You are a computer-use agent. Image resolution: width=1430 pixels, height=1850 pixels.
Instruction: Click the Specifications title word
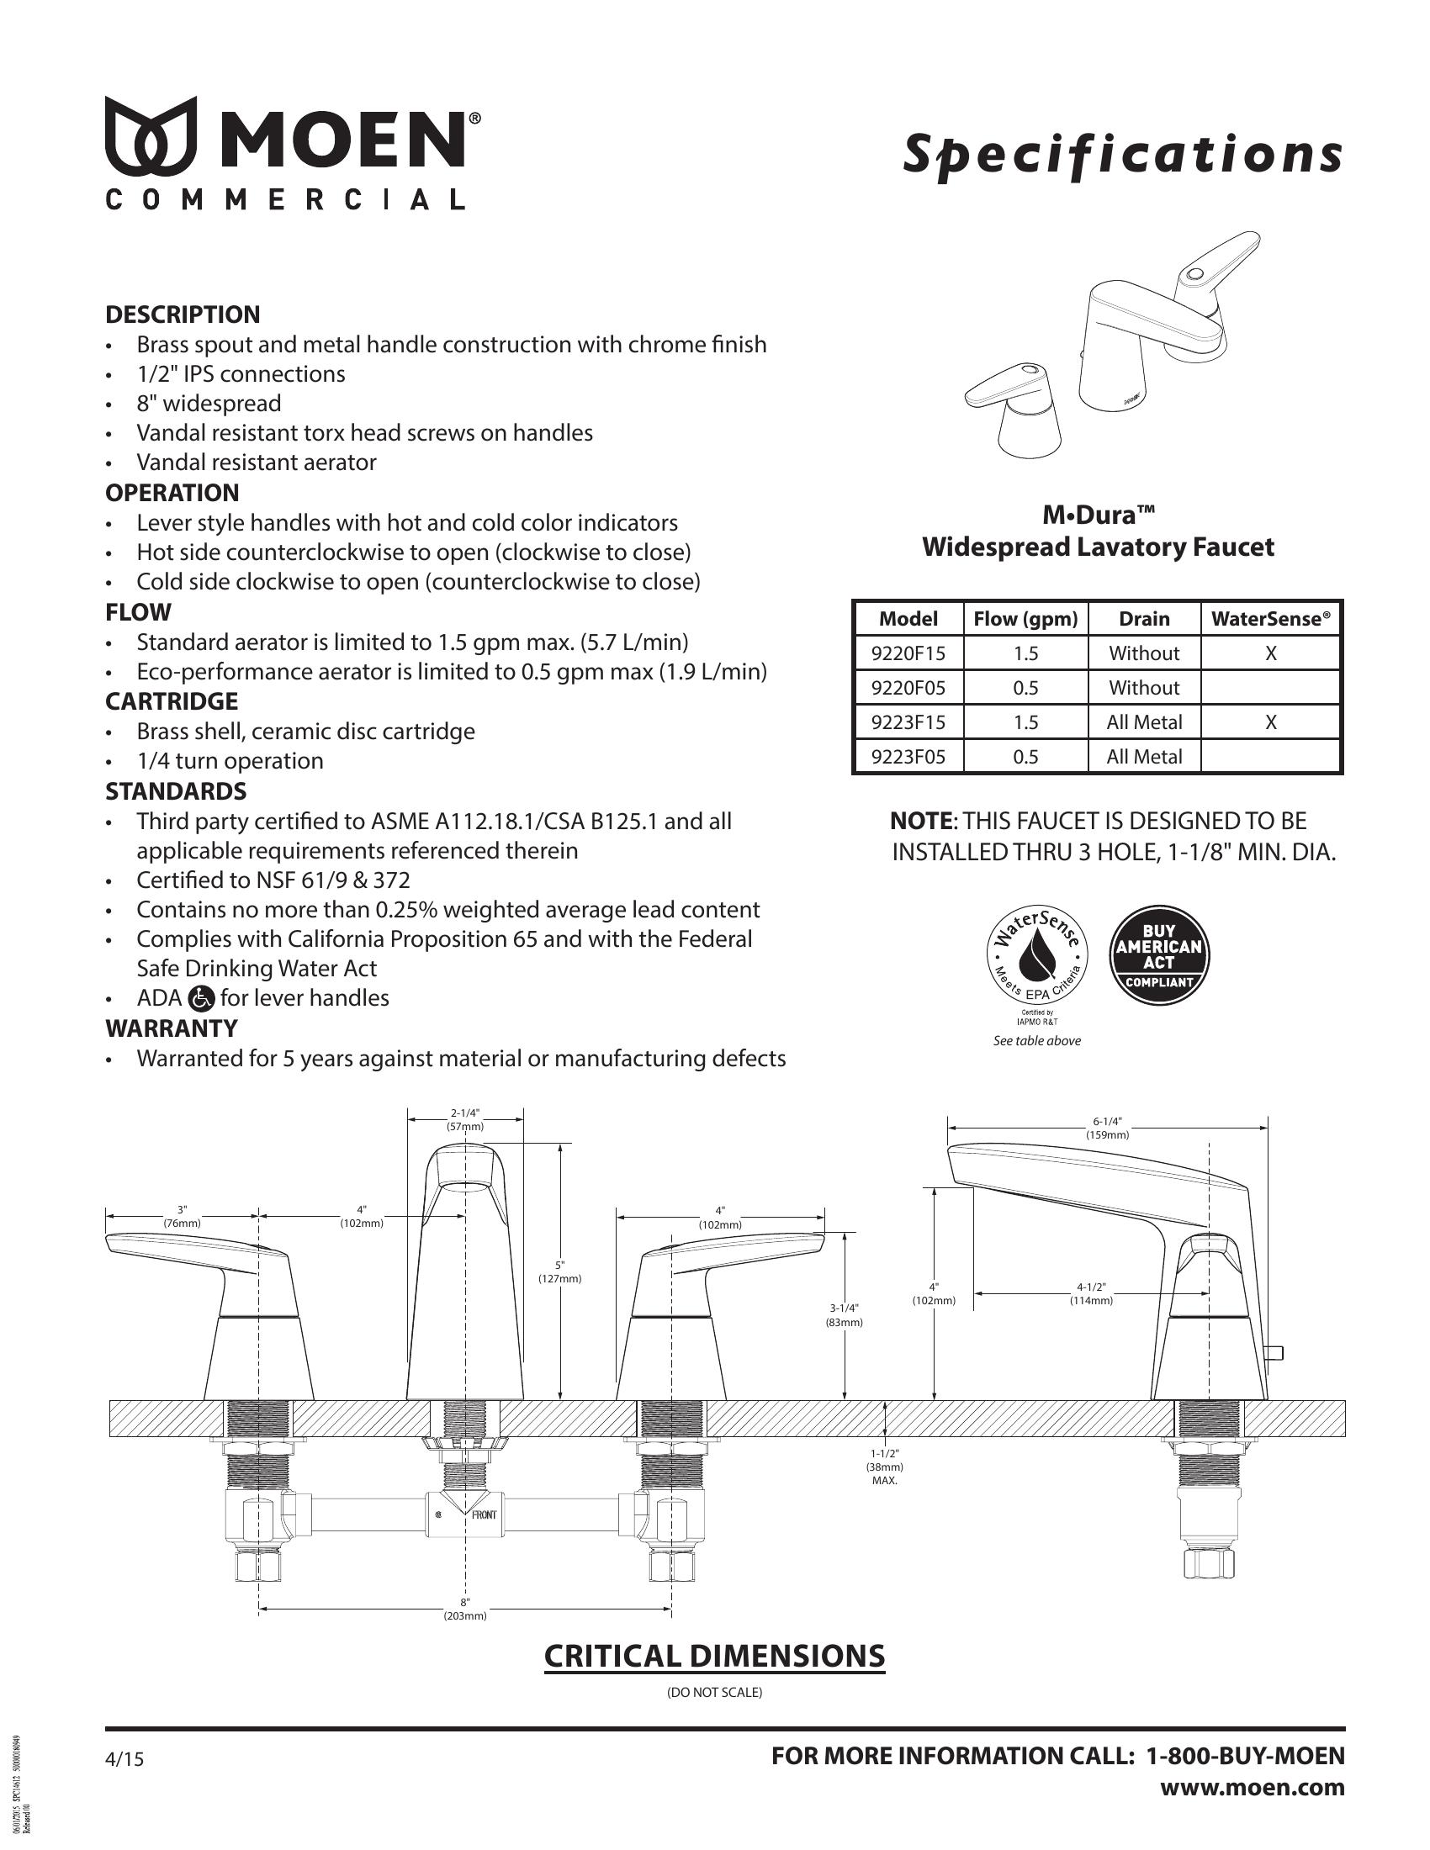coord(1122,153)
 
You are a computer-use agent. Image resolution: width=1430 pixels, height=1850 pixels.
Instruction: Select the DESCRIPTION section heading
coord(183,314)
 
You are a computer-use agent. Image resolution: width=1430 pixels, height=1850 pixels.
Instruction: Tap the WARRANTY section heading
coord(171,1028)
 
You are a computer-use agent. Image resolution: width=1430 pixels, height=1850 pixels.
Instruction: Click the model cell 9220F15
coord(908,653)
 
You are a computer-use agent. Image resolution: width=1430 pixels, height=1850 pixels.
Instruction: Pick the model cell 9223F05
coord(908,757)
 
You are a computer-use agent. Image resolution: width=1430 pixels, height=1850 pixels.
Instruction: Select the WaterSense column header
coord(1271,618)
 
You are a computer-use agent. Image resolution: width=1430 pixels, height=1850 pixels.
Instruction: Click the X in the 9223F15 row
coord(1271,721)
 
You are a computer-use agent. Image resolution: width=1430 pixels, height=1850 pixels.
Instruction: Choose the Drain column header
coord(1144,618)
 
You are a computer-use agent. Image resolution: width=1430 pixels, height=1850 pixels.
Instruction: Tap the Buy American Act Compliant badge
coord(1159,956)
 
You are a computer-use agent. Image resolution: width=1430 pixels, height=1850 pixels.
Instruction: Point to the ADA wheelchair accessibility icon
coord(203,999)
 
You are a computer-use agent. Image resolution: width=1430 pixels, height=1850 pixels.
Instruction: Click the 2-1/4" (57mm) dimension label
coord(465,1120)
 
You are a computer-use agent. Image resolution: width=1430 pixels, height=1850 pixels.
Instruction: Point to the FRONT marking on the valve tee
coord(484,1514)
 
